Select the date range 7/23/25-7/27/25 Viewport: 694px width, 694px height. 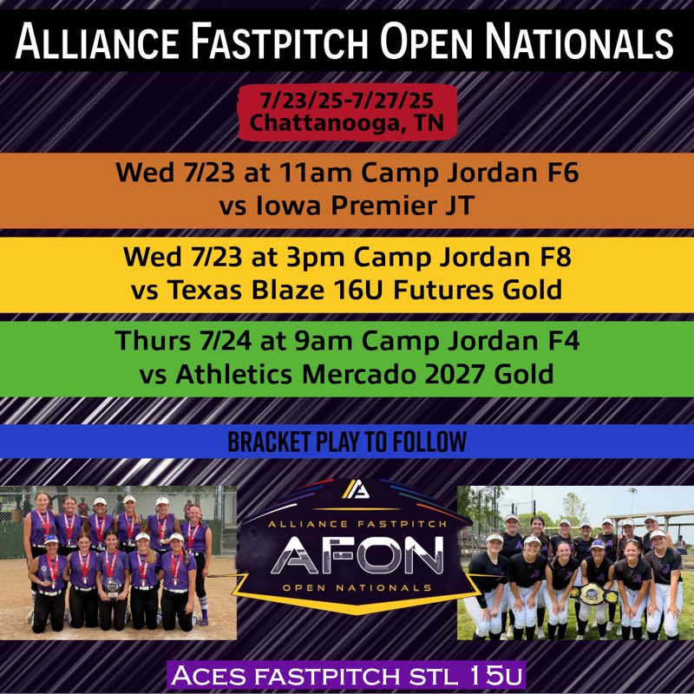[x=347, y=102]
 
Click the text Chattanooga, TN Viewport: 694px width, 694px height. [x=347, y=123]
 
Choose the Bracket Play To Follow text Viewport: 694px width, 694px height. [x=347, y=442]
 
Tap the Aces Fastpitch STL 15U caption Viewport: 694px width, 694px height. [x=347, y=675]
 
